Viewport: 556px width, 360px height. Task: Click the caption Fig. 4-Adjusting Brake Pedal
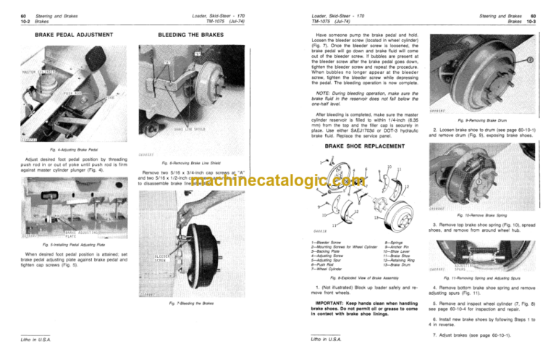tap(57, 151)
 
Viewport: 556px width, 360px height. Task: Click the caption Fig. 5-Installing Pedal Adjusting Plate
tap(57, 244)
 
